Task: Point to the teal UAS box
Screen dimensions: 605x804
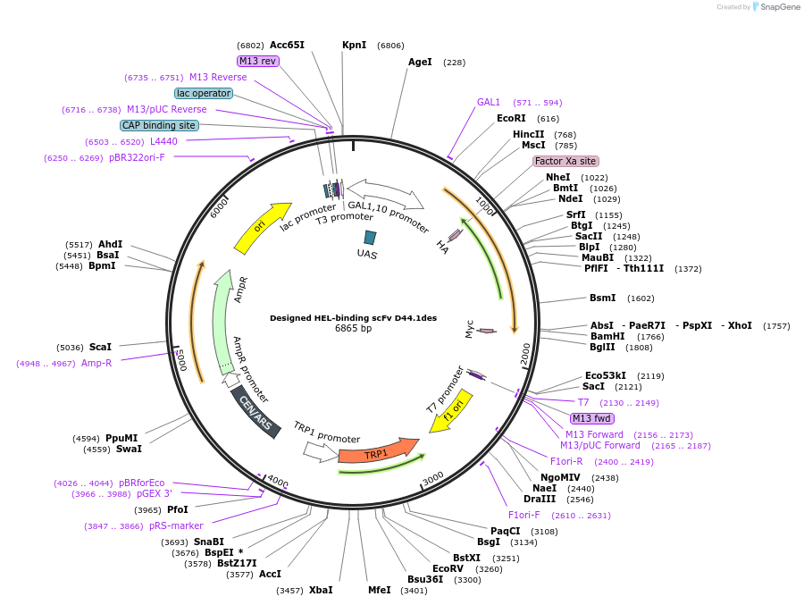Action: point(370,238)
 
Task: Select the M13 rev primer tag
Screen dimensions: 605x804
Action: point(258,61)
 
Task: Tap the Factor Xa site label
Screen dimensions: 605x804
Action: point(565,161)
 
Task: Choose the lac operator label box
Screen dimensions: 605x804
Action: point(204,93)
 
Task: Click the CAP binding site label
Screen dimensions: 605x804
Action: point(159,126)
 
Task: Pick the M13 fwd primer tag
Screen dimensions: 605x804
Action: point(592,418)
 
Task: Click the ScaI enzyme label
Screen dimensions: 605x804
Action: point(100,347)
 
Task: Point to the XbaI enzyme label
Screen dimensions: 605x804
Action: point(321,590)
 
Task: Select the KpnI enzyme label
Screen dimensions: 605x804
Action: point(354,45)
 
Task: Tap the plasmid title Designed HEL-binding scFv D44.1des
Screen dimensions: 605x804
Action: point(353,317)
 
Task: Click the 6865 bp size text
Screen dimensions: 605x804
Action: point(353,329)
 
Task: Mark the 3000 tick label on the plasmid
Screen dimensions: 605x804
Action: point(433,479)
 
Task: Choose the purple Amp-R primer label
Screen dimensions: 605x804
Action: point(96,363)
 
